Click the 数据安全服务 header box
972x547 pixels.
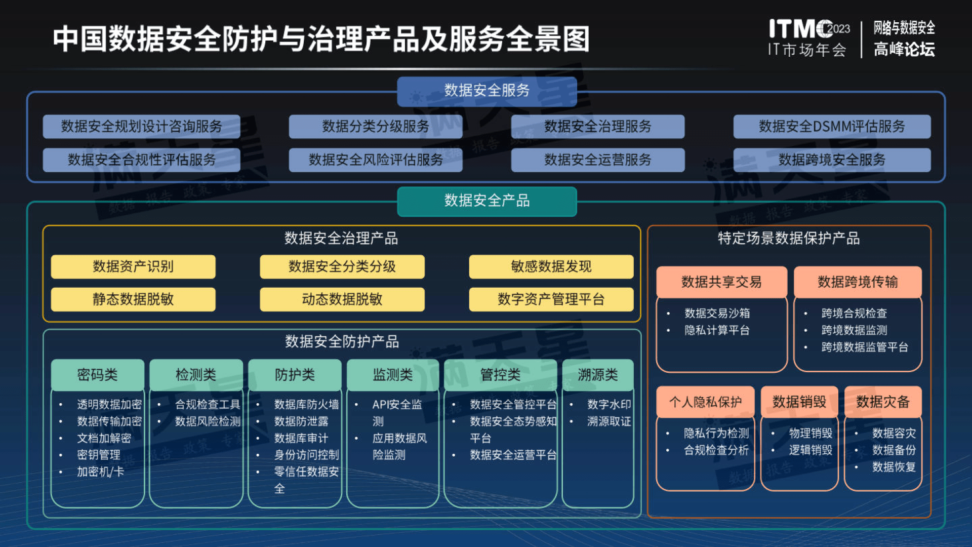pos(487,91)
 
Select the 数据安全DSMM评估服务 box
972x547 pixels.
pos(831,127)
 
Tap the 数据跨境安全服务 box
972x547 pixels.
pos(831,160)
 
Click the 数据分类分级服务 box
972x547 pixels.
pos(375,127)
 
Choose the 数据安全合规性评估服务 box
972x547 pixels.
pos(141,160)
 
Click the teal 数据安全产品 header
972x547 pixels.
pos(487,201)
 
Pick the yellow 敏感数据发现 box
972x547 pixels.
pos(551,267)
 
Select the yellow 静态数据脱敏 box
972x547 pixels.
pos(133,299)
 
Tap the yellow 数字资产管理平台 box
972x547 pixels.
pos(551,299)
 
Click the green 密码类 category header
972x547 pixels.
pos(97,375)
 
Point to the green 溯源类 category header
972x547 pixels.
pos(597,375)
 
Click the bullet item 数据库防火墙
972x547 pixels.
pos(306,405)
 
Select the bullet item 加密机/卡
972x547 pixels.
pos(100,472)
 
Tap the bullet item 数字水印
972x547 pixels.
pos(609,405)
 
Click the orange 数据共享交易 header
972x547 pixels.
pos(721,282)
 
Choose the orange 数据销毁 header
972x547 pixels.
pos(799,402)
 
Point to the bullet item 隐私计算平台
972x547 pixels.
pos(716,330)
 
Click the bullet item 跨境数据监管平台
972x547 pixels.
pos(864,347)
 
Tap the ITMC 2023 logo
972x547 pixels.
pos(808,29)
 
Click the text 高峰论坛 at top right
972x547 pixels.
pos(904,50)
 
